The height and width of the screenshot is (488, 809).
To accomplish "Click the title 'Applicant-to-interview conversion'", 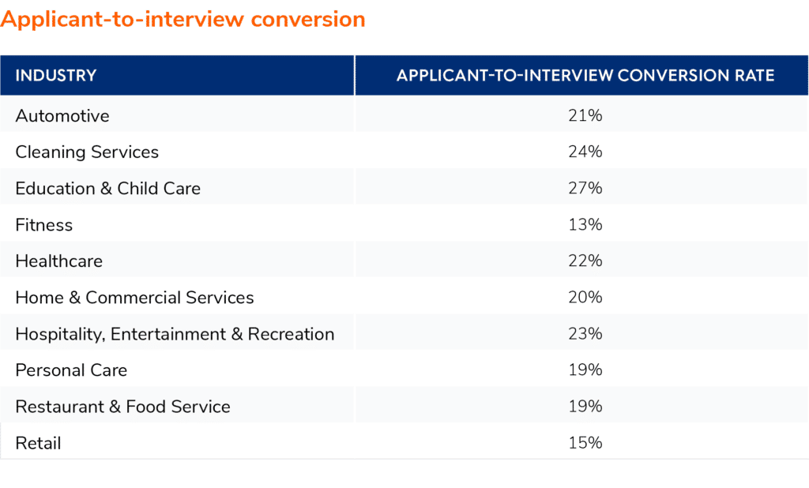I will (x=183, y=19).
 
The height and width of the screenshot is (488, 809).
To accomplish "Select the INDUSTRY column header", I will (x=56, y=76).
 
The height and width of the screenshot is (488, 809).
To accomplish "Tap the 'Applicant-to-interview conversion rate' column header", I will (x=585, y=76).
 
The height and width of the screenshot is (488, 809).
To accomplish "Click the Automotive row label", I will (x=62, y=116).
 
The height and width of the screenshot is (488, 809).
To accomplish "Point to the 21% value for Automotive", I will (x=585, y=116).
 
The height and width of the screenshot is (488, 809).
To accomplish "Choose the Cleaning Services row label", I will (x=87, y=152).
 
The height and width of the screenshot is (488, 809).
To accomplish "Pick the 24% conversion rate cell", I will (x=585, y=152).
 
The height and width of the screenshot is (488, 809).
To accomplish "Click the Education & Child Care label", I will (x=108, y=189).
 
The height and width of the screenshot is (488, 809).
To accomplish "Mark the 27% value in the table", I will (x=585, y=189).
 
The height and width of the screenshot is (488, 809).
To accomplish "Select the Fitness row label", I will (x=44, y=225).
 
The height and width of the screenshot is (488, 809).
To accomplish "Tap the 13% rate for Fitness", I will (x=585, y=225).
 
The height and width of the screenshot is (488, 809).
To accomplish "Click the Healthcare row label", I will (x=59, y=261).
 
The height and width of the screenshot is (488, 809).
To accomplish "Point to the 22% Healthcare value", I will (x=585, y=261).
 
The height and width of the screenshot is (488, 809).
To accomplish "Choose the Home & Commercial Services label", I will (x=135, y=298).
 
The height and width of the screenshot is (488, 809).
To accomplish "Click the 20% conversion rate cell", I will (x=585, y=298).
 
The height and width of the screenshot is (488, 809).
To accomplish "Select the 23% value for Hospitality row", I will (x=585, y=334).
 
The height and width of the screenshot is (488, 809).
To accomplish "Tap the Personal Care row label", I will (x=71, y=370).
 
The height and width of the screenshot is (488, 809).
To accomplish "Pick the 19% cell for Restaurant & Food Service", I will (x=585, y=407).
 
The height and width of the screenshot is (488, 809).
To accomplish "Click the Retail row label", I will (x=38, y=443).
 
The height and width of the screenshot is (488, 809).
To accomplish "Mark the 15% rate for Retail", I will (x=585, y=443).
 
